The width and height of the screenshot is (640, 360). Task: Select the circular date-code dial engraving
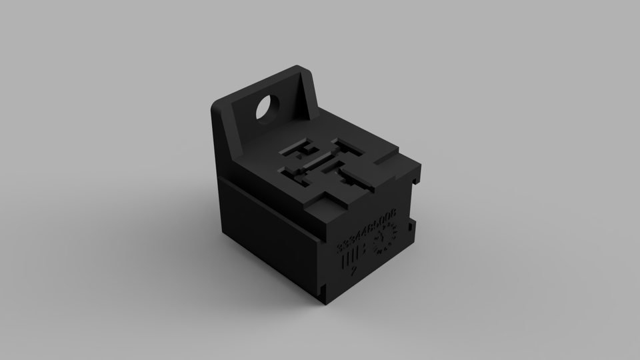pyautogui.click(x=385, y=239)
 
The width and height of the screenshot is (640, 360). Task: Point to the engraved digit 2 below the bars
pyautogui.click(x=352, y=271)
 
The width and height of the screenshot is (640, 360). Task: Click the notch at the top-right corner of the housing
pyautogui.click(x=418, y=175)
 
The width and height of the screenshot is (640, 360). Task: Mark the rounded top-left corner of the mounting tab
pyautogui.click(x=217, y=107)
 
